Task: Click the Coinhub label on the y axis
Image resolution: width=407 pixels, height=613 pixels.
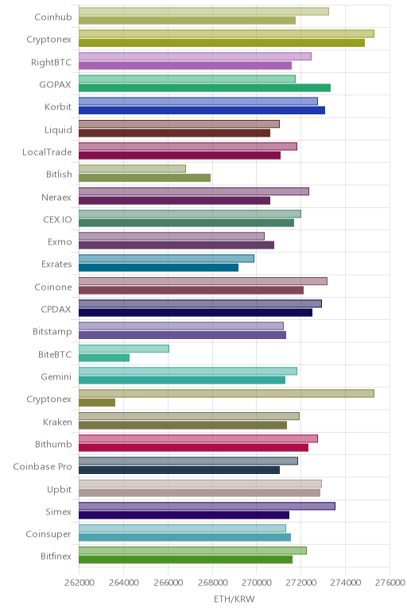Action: point(53,17)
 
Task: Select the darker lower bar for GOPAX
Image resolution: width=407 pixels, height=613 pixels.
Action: point(204,88)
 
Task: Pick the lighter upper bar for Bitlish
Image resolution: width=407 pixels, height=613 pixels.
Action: point(132,168)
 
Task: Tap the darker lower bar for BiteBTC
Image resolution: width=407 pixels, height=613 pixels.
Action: point(104,357)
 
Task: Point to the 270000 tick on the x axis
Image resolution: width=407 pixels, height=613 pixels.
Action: point(257,582)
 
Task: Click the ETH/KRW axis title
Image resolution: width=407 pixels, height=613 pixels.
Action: point(234,599)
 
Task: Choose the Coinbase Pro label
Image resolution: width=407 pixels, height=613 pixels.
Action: point(42,466)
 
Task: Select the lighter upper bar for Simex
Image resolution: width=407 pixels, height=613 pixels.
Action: point(207,506)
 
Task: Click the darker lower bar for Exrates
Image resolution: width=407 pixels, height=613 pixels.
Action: point(158,268)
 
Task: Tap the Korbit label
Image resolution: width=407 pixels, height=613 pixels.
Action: point(58,106)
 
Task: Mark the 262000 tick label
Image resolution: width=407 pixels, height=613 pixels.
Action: point(79,582)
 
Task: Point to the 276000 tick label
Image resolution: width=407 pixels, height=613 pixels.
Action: point(390,582)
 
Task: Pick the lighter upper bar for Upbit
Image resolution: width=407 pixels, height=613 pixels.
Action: point(200,484)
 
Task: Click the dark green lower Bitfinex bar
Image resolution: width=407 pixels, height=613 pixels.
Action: point(185,560)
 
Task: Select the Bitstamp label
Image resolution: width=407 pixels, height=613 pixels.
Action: point(52,332)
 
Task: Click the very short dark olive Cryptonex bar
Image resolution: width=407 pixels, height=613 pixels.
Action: point(97,403)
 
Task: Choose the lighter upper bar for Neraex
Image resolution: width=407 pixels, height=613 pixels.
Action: point(194,191)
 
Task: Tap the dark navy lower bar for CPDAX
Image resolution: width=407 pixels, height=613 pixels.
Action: point(196,313)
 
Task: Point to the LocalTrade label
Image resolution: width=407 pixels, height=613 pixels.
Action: point(47,152)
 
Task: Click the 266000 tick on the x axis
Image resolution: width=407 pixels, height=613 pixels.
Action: point(168,582)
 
